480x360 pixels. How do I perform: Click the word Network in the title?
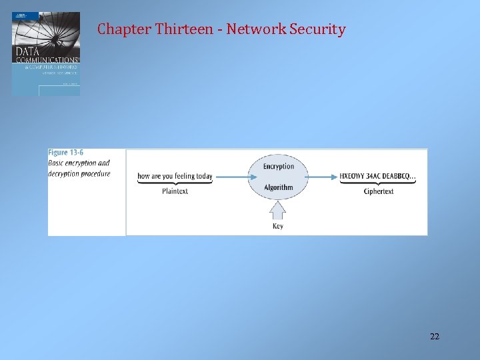pos(254,29)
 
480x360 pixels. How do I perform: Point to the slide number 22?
pos(435,336)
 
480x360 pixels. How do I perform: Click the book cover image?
pos(46,54)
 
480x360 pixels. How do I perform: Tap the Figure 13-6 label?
pos(66,153)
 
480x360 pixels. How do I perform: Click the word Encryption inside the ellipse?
pos(279,166)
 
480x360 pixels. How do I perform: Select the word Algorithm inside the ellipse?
pos(279,187)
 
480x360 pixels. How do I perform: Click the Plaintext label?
pos(175,191)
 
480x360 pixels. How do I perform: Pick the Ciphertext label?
pos(379,191)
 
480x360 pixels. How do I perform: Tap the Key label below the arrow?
pos(278,226)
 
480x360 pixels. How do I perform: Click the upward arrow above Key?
pos(278,209)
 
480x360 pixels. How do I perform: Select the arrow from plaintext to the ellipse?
pos(230,177)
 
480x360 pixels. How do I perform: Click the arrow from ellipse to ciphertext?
pos(323,177)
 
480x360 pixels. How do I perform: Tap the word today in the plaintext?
pos(204,177)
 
